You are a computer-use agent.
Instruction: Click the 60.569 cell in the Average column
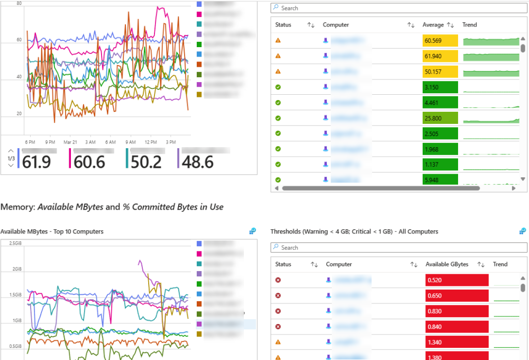coord(440,41)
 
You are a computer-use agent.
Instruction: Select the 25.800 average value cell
coord(440,119)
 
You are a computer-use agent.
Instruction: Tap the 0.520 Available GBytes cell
coord(457,280)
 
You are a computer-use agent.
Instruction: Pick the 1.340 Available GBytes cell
coord(457,343)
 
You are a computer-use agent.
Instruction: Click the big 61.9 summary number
coord(37,162)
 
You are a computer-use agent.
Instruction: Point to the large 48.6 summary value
coord(197,162)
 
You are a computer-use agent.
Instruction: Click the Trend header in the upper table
coord(469,25)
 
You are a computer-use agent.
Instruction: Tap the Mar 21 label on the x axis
coord(70,142)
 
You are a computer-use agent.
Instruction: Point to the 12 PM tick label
coord(150,142)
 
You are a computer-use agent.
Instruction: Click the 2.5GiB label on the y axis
coord(15,243)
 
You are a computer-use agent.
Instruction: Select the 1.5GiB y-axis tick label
coord(15,294)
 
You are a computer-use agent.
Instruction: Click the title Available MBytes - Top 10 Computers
coord(52,231)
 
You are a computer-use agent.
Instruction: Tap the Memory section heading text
coord(112,207)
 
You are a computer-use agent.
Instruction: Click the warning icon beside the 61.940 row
coord(278,56)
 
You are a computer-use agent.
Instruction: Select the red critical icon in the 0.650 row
coord(278,295)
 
